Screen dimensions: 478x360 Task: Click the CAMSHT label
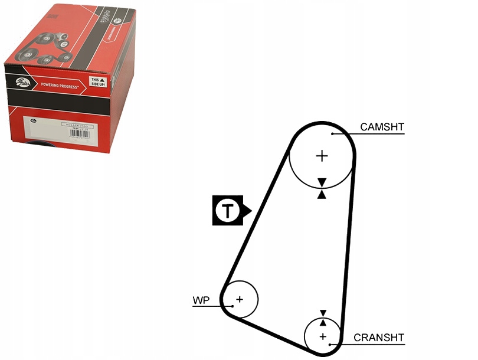(x=382, y=126)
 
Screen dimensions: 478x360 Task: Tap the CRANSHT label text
(x=379, y=338)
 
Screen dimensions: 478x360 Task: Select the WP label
(x=201, y=300)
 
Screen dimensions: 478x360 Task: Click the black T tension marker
(x=228, y=210)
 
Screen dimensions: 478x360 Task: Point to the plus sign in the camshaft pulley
(x=322, y=156)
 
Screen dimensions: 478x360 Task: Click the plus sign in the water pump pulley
(x=240, y=299)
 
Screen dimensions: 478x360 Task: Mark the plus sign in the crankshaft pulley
(x=323, y=336)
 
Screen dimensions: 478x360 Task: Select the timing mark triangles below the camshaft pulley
(x=322, y=188)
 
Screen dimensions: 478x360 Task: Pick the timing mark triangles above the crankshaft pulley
(x=323, y=317)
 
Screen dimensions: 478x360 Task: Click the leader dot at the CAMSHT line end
(x=333, y=134)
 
